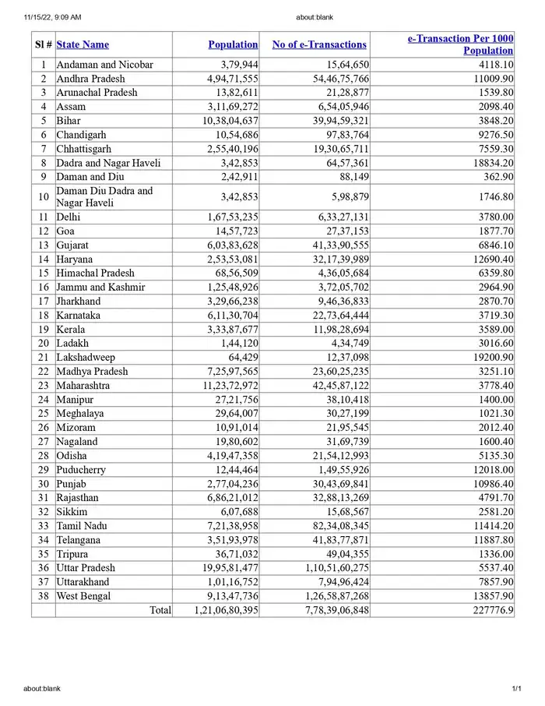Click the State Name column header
[83, 44]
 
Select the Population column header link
[233, 44]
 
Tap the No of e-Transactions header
[318, 44]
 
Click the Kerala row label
[70, 329]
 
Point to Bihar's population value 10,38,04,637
[227, 121]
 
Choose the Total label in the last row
[160, 610]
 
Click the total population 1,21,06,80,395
[226, 610]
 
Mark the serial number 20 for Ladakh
[44, 343]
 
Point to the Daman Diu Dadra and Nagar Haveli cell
[104, 196]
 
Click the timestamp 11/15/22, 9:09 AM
[52, 16]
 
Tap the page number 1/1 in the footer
[515, 689]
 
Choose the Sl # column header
[44, 44]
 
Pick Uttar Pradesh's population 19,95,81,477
[226, 568]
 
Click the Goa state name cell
[65, 231]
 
